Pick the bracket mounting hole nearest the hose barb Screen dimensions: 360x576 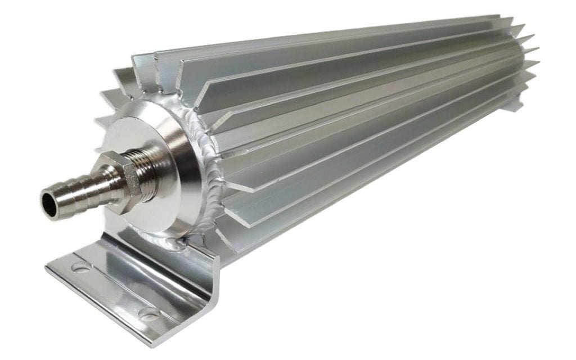80,267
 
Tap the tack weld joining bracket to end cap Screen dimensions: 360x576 182,244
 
